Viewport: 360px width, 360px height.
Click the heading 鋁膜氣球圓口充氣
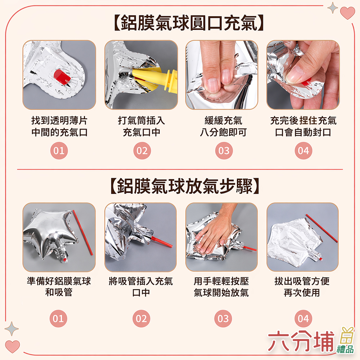(188, 23)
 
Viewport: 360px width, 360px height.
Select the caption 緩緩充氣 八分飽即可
(223, 126)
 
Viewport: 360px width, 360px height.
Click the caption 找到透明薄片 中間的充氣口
(59, 126)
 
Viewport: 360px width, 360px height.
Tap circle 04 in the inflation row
(303, 151)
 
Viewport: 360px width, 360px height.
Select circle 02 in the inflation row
(142, 151)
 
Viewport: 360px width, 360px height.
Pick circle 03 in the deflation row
(223, 319)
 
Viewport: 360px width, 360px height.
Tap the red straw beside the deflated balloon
(321, 228)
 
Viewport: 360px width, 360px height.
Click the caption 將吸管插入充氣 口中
(141, 287)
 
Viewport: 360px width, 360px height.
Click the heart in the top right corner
(347, 13)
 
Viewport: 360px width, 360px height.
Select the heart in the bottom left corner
(13, 346)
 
